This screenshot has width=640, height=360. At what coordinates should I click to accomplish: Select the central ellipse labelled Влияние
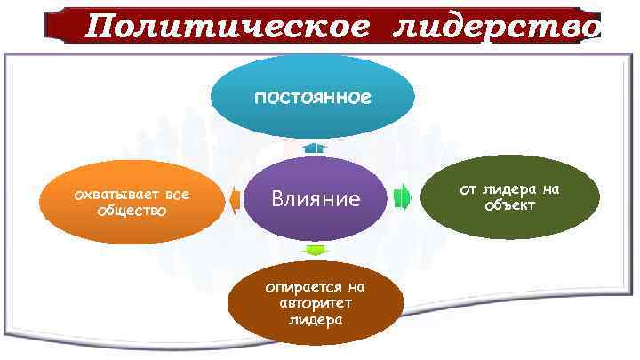316,213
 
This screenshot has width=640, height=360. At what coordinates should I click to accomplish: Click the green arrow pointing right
402,197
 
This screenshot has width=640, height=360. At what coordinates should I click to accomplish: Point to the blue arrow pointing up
313,148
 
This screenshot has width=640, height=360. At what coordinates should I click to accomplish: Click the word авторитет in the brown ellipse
316,304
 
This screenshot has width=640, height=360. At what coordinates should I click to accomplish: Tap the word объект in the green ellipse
509,206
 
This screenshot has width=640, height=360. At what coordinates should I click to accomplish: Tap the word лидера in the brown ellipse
316,320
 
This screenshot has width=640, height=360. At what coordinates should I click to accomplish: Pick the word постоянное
312,96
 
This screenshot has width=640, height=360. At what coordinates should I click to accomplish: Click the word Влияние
316,198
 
